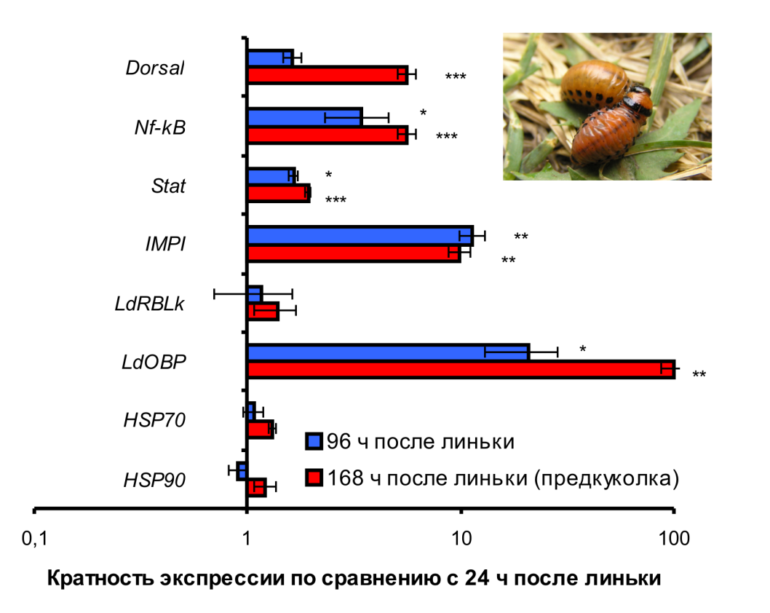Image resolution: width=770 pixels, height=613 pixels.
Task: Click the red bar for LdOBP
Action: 460,368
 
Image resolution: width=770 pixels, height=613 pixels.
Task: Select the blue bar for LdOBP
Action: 388,352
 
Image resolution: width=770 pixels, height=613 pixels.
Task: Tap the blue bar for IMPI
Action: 360,235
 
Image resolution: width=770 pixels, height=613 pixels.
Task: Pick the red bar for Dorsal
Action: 328,75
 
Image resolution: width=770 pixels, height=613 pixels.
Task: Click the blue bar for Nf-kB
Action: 304,116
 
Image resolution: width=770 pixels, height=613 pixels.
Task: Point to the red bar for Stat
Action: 279,193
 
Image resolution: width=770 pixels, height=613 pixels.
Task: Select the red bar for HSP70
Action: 260,429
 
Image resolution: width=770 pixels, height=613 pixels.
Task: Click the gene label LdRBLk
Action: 150,304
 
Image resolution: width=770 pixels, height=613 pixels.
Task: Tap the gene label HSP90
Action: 154,480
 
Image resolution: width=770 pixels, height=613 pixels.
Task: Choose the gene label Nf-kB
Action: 159,127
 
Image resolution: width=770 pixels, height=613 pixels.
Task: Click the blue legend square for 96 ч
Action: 314,441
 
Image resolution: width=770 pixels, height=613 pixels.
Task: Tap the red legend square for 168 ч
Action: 314,478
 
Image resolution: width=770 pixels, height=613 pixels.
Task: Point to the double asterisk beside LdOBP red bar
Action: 699,375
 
